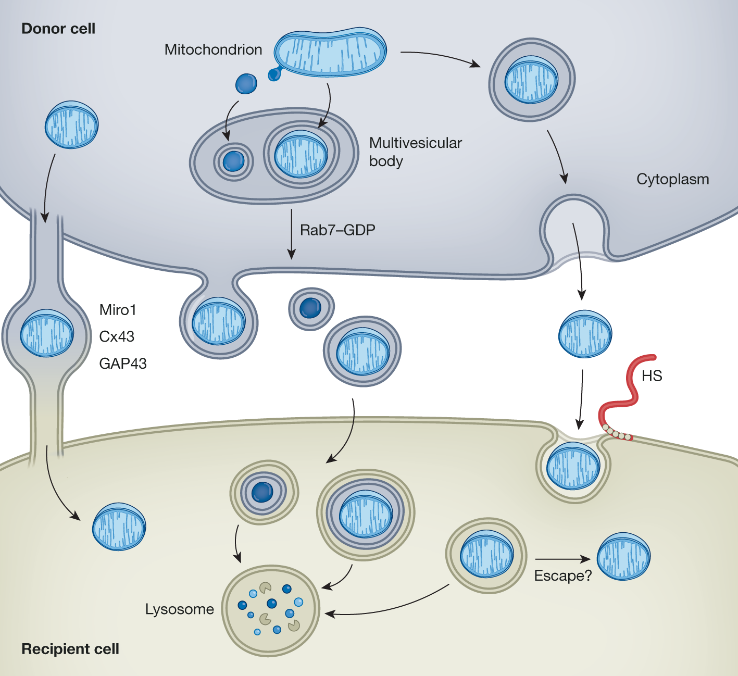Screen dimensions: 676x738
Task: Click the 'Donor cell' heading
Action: [x=58, y=29]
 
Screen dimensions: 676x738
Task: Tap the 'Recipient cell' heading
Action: [x=70, y=649]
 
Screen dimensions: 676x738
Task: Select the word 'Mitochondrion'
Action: [x=213, y=49]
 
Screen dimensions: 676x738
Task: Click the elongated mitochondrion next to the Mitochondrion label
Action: [x=330, y=52]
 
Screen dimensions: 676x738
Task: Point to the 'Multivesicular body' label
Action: [x=415, y=152]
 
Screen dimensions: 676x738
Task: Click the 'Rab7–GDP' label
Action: [x=337, y=230]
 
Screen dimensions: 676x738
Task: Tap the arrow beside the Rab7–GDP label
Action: [x=292, y=234]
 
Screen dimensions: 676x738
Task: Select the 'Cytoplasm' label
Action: [x=672, y=179]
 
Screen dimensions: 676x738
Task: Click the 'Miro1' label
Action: [x=118, y=310]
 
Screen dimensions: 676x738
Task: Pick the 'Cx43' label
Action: [x=117, y=336]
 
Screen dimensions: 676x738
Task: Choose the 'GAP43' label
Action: [x=123, y=364]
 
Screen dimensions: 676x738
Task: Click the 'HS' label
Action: [x=652, y=375]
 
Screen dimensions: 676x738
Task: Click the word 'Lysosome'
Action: [x=179, y=609]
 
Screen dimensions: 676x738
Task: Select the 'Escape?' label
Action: [x=563, y=575]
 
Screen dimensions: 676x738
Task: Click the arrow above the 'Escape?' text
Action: [x=562, y=559]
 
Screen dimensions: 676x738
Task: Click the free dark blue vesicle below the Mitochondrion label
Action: [x=246, y=83]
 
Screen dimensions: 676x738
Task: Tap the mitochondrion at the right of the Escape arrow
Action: [x=623, y=557]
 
